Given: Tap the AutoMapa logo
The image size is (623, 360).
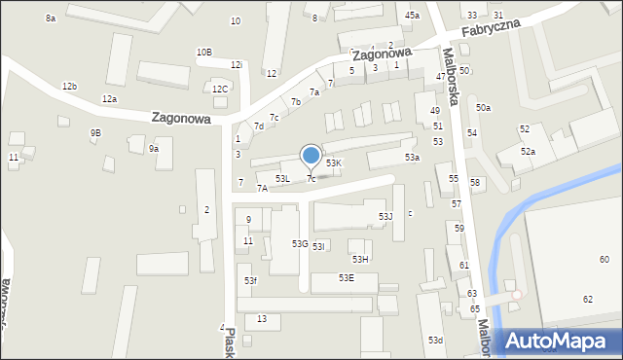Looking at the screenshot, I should pos(558,340).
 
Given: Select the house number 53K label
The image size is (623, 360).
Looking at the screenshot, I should pos(334,163).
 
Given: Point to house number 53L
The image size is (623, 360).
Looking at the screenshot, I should pos(282,179).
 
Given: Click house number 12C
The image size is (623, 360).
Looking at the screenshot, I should pos(220,90).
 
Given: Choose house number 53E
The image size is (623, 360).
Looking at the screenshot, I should pos(346,278).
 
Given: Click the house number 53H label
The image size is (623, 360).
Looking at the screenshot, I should pos(360,259).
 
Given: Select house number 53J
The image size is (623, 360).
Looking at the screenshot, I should pos(385,216).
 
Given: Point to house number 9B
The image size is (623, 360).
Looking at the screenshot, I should pos(95,132).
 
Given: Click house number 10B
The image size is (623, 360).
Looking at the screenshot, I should pos(203,53).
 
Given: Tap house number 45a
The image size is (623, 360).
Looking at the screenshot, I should pos(413,15).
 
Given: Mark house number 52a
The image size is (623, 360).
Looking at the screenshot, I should pos(528,152).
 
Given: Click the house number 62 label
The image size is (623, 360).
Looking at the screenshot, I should pos(588,299).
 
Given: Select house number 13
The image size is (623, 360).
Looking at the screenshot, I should pos(262,319).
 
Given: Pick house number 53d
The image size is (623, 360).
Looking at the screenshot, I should pos(435,340).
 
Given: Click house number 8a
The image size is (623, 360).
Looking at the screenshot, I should pos(51,18).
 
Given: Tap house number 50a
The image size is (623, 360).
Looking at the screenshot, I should pos(483,108).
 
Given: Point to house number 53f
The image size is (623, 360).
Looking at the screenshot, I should pos(250,281).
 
